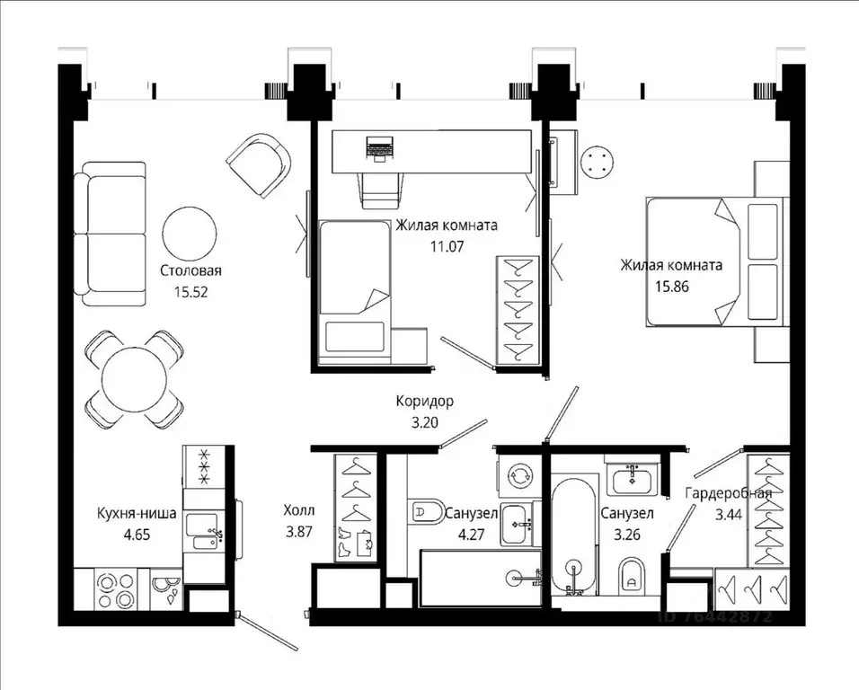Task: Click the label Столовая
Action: [190, 270]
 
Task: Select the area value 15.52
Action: [190, 291]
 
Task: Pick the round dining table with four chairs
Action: [135, 378]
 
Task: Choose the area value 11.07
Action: [446, 244]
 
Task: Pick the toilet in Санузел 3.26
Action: [633, 576]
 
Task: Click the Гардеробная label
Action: [728, 494]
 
